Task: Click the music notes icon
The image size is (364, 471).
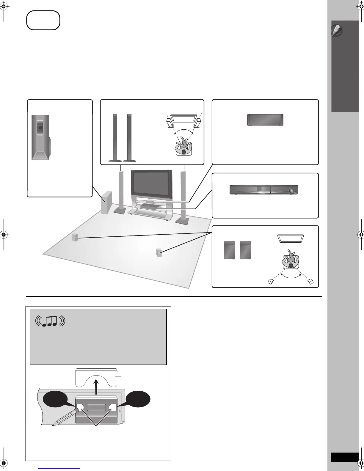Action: [x=50, y=321]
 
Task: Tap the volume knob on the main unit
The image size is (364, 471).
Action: [x=292, y=190]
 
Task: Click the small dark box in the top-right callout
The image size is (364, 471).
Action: [x=265, y=120]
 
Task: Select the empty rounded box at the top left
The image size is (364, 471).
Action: [x=43, y=20]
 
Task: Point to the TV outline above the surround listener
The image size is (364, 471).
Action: [x=291, y=238]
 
